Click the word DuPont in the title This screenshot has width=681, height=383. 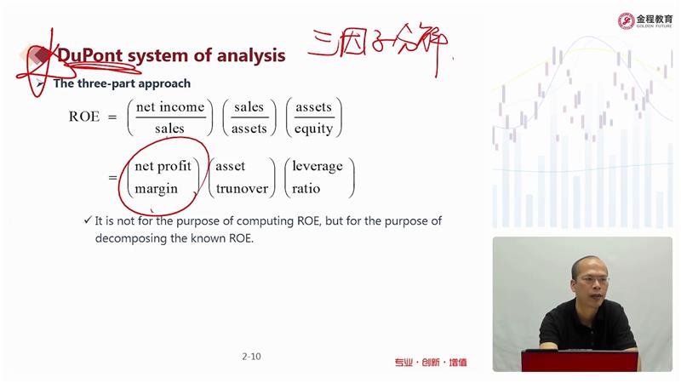[x=90, y=55]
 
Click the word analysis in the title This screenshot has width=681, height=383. [x=250, y=55]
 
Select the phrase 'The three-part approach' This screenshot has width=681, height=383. [x=122, y=83]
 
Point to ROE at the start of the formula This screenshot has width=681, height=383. [x=83, y=117]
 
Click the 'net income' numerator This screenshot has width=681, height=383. [x=169, y=107]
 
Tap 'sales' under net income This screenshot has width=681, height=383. [x=169, y=129]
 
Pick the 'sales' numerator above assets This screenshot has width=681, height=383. [x=249, y=107]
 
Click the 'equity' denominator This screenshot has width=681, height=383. [x=313, y=129]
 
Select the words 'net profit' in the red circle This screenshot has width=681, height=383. [x=163, y=166]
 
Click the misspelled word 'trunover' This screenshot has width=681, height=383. [x=242, y=188]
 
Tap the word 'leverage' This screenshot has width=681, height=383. [x=318, y=166]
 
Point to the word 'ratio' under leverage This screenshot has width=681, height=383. [x=306, y=188]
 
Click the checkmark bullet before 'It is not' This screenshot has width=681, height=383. [x=88, y=220]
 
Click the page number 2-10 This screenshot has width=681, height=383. [x=251, y=357]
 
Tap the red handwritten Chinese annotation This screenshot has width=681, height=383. [x=378, y=47]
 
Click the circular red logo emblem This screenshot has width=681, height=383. [x=626, y=20]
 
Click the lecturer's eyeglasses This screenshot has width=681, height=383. [x=592, y=280]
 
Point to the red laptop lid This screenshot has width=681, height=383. [x=580, y=361]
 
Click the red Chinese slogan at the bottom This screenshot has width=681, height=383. [x=431, y=363]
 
